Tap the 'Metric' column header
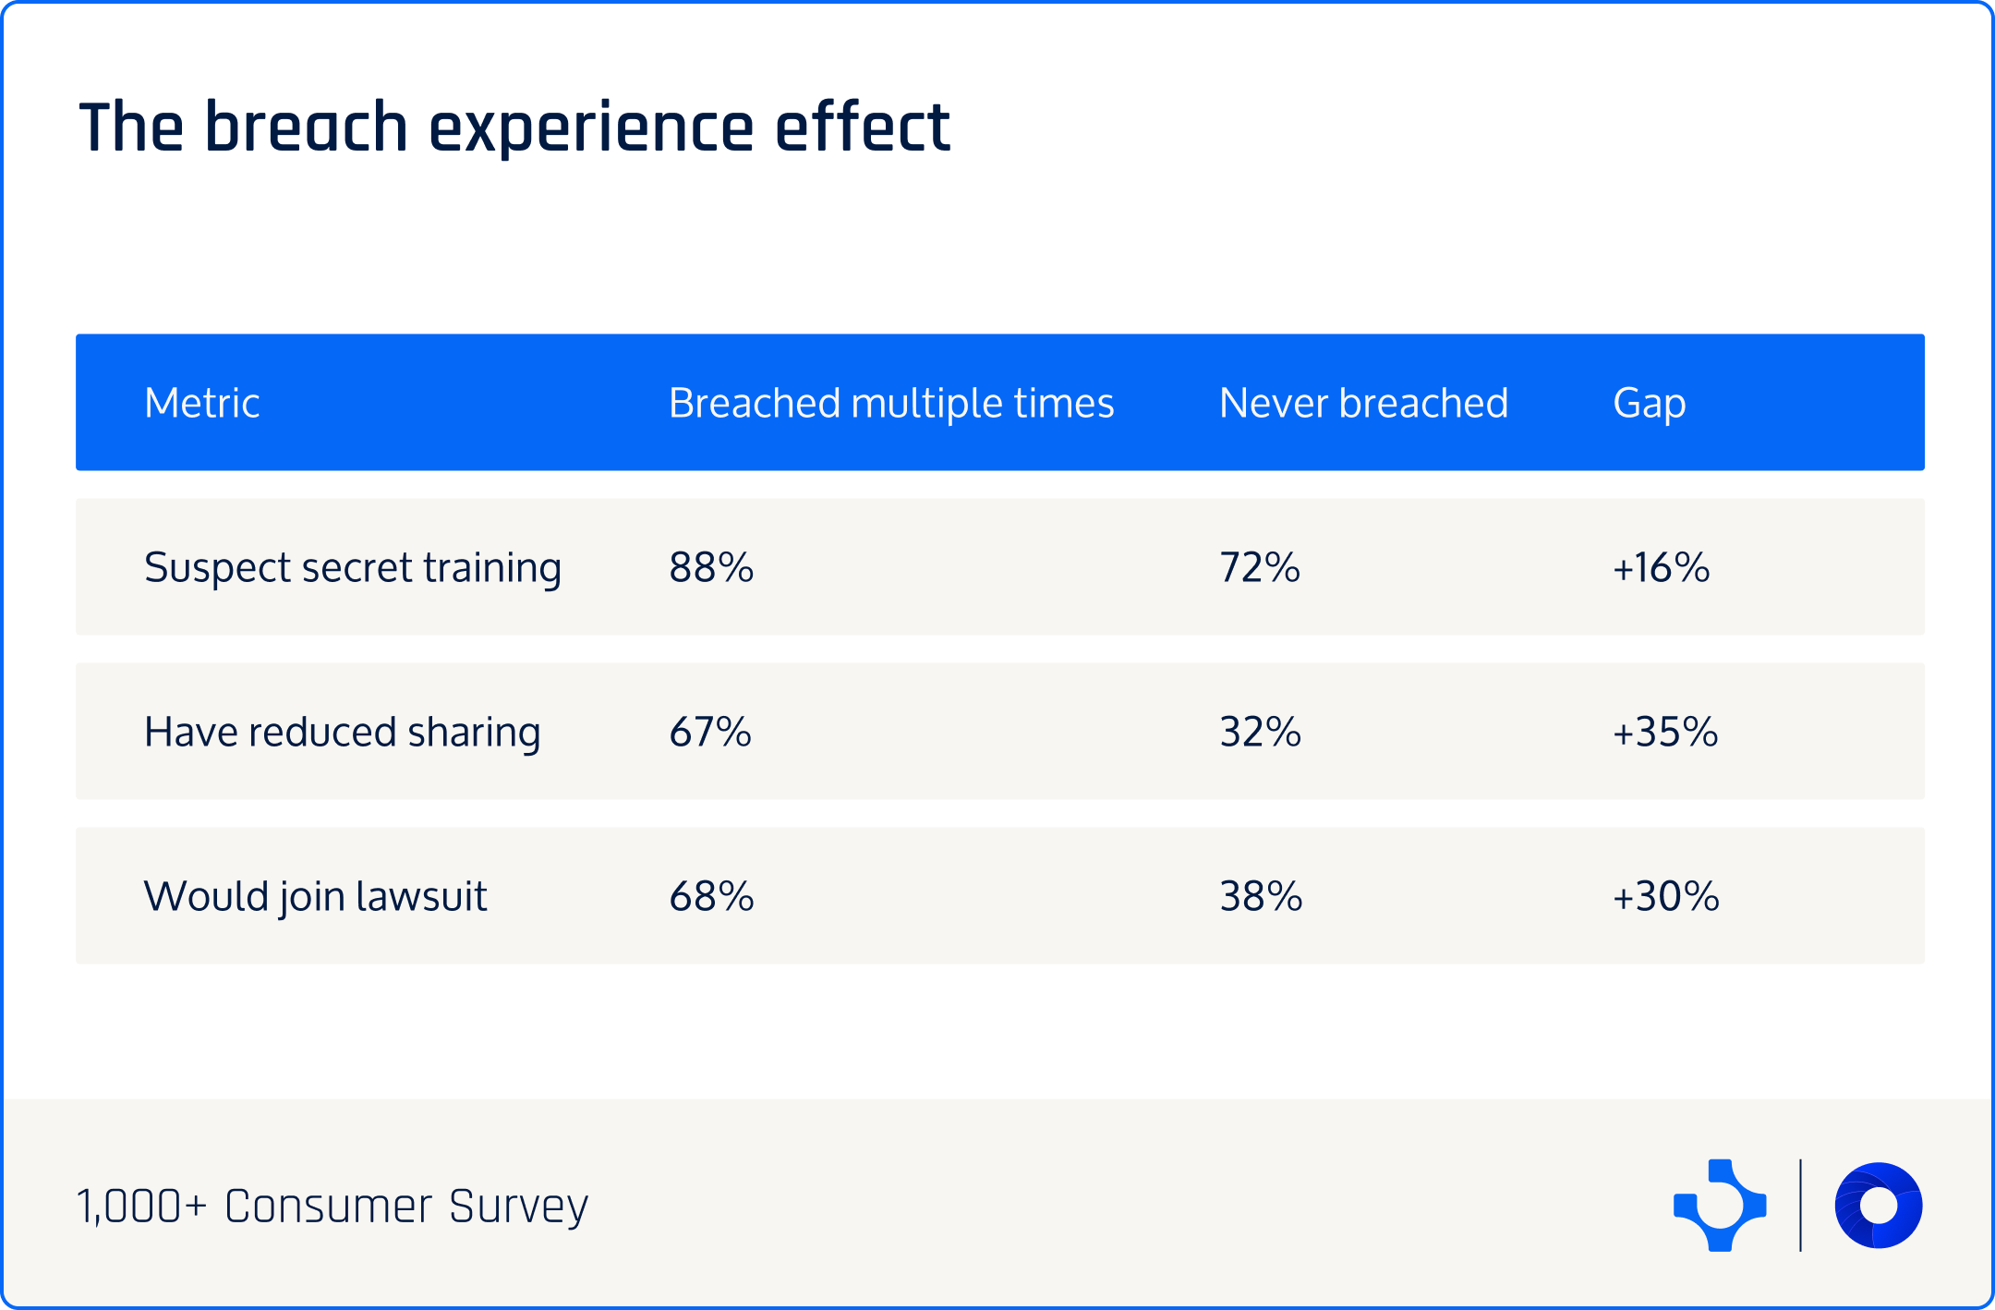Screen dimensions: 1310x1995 pos(201,403)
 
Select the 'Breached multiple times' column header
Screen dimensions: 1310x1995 pos(891,403)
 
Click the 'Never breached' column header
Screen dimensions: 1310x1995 pos(1363,403)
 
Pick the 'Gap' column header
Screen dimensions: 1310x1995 pos(1649,403)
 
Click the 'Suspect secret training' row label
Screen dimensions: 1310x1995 pos(353,567)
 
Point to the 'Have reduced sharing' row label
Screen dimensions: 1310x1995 pos(342,732)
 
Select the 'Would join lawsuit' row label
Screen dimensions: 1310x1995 pos(315,896)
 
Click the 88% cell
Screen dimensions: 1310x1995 pos(711,567)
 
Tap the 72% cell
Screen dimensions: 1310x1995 pos(1260,567)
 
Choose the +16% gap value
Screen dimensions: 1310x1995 pos(1661,567)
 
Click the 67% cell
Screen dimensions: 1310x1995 pos(710,732)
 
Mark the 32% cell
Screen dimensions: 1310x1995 pos(1260,732)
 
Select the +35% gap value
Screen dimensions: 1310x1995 pos(1665,732)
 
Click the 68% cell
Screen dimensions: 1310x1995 pos(711,896)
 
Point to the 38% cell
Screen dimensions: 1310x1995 pos(1261,896)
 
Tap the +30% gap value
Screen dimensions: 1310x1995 pos(1665,896)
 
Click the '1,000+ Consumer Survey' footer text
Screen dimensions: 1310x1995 pos(332,1206)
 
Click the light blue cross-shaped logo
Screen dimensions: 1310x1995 pos(1720,1206)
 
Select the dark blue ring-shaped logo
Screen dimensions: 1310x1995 pos(1879,1206)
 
